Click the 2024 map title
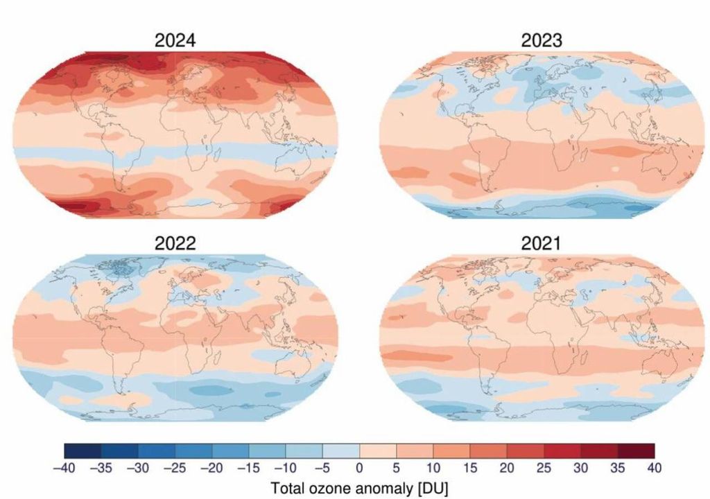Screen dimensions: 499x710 [x=175, y=40]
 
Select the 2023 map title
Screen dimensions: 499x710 [x=542, y=40]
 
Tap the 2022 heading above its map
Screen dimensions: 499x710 [x=175, y=243]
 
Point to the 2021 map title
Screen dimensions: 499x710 [x=542, y=243]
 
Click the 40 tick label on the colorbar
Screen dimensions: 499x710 [x=654, y=469]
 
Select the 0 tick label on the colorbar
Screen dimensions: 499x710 [x=359, y=469]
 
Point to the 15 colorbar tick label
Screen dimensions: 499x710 [x=470, y=469]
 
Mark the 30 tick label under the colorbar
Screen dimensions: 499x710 [x=580, y=469]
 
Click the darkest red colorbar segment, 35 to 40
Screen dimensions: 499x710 [x=636, y=450]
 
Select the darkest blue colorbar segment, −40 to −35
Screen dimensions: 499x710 [x=83, y=450]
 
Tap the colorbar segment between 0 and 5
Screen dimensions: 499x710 [x=378, y=450]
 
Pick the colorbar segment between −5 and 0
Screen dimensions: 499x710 [x=340, y=450]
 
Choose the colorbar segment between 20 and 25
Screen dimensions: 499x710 [x=525, y=450]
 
